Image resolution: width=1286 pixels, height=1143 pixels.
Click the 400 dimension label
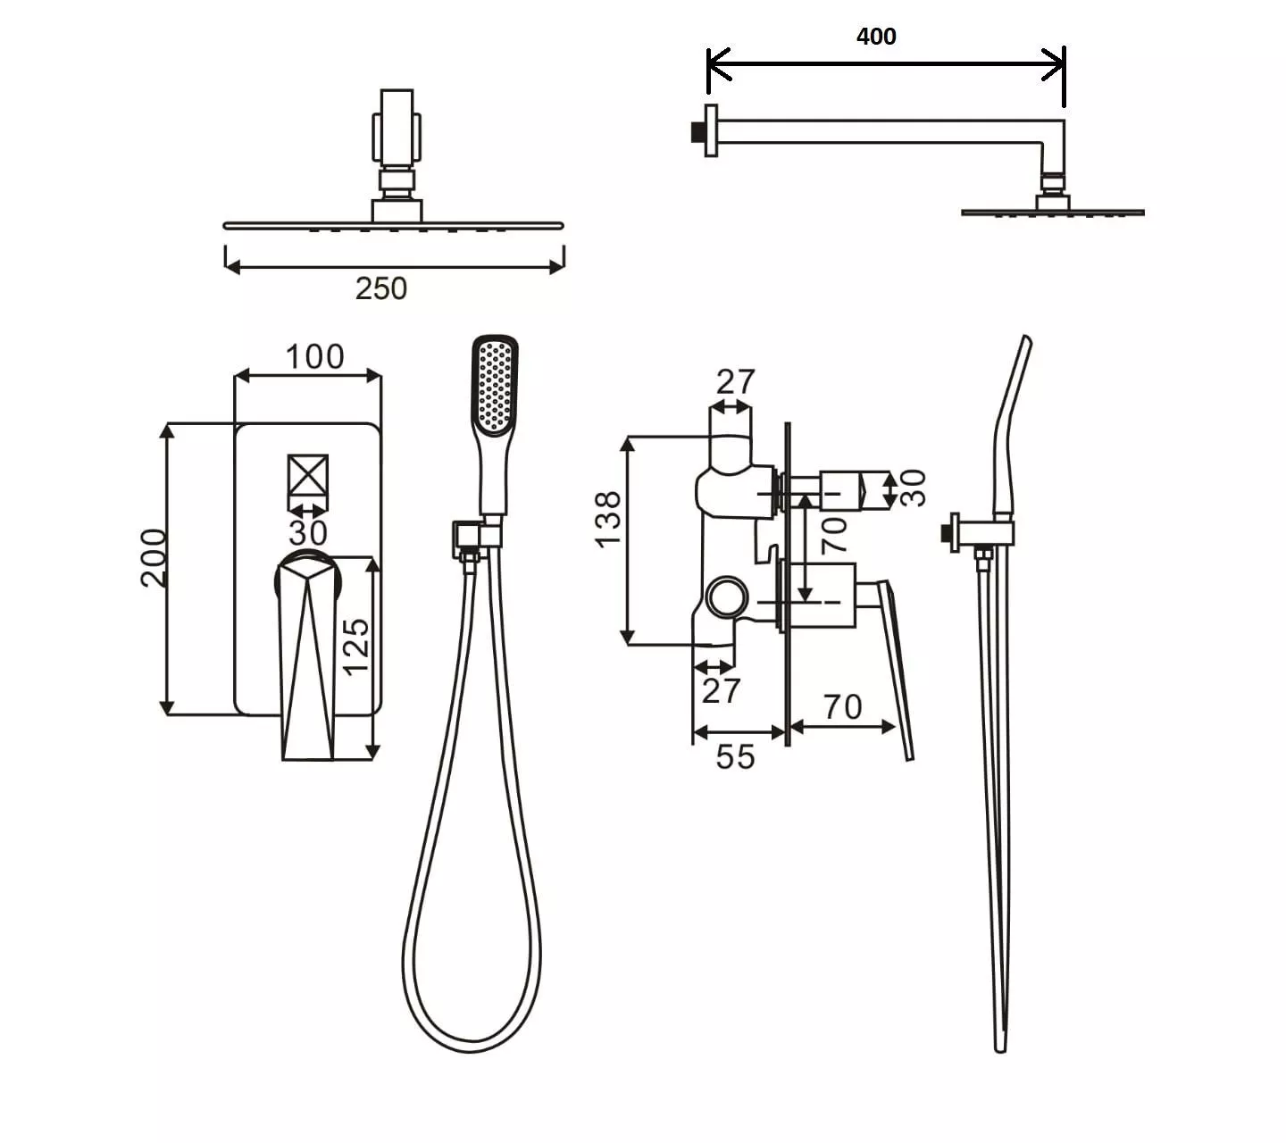point(876,37)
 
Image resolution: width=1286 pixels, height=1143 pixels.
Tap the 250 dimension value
point(380,288)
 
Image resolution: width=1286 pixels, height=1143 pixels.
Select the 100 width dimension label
point(315,356)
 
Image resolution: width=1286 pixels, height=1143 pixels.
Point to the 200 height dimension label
point(154,558)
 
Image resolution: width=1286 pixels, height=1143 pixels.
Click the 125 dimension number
point(355,647)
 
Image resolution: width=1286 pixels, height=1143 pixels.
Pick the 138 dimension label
point(607,519)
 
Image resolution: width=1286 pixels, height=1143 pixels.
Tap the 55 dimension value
point(736,757)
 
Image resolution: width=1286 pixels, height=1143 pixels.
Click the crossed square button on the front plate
point(308,475)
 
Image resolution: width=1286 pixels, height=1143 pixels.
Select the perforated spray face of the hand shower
point(497,386)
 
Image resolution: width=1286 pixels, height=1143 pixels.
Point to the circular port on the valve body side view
point(728,597)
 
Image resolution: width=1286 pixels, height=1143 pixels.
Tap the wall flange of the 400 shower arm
point(711,130)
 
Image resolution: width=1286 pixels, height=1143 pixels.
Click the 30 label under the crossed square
point(308,533)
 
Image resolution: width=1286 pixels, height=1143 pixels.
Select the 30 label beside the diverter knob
point(914,488)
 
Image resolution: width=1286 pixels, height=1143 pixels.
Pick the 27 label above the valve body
point(736,382)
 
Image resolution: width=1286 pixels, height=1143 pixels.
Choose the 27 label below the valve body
point(721,691)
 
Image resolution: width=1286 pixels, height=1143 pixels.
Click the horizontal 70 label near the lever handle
point(843,707)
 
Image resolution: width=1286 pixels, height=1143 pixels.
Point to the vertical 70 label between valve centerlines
point(834,535)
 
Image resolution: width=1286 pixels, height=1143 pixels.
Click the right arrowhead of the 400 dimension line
point(1056,64)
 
